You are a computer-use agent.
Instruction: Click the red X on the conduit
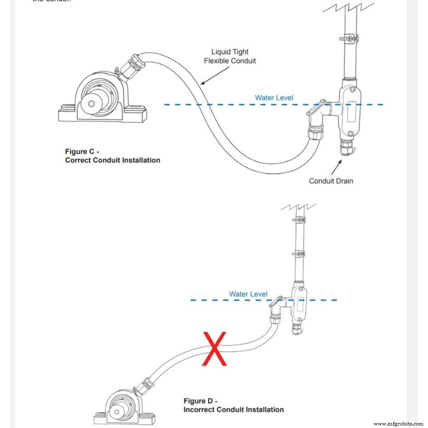[x=215, y=349]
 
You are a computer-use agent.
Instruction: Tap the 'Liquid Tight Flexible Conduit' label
[x=230, y=56]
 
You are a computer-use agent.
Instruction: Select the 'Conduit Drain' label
[x=331, y=181]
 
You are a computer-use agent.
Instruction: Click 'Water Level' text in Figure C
[x=274, y=98]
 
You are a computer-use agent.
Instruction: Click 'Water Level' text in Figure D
[x=248, y=294]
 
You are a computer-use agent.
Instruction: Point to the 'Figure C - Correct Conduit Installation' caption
[x=112, y=155]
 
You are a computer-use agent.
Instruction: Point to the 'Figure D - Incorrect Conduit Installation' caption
[x=233, y=405]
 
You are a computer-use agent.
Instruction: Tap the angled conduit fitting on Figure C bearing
[x=132, y=67]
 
